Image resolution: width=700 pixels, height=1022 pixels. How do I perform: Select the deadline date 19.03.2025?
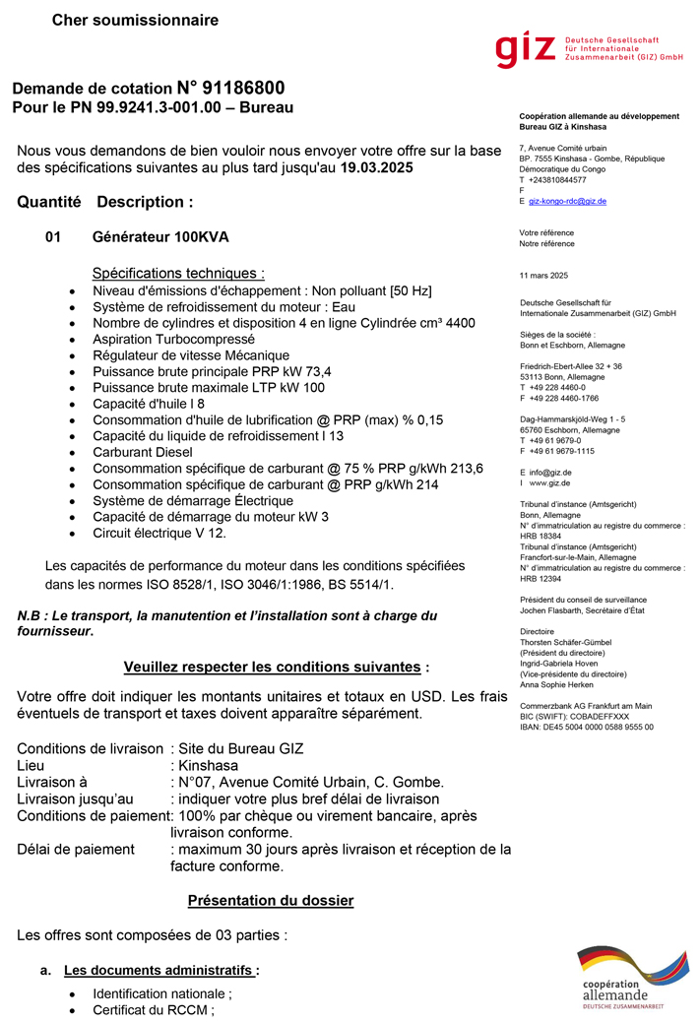[x=377, y=168]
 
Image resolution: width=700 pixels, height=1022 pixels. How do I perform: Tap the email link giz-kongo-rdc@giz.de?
[x=567, y=201]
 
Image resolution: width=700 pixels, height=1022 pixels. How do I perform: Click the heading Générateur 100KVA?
[x=160, y=237]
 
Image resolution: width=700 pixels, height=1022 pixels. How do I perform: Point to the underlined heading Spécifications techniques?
[x=178, y=273]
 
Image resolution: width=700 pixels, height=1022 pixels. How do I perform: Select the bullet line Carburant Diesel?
[x=143, y=452]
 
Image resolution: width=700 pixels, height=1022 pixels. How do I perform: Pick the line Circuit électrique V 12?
[x=159, y=533]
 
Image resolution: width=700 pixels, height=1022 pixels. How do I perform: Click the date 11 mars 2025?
[x=543, y=275]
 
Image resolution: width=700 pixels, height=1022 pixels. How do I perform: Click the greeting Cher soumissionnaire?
[x=135, y=20]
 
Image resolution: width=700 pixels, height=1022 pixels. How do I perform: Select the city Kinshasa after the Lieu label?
[x=208, y=765]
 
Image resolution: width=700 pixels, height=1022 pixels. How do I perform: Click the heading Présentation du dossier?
[x=270, y=900]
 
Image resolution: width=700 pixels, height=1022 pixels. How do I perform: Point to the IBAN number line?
[x=586, y=727]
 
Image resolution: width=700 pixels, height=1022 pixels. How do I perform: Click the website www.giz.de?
[x=551, y=483]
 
